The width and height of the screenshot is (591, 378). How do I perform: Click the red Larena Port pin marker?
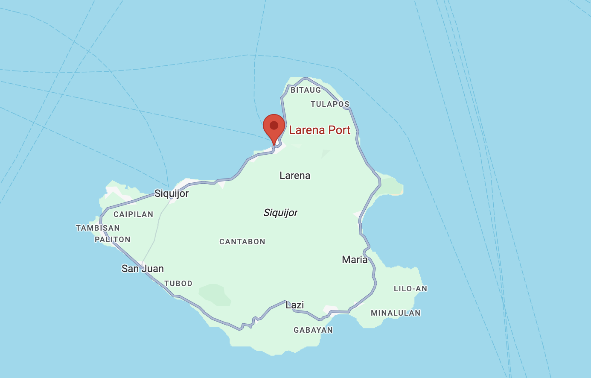[x=274, y=126]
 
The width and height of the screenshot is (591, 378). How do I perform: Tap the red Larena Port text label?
[x=320, y=130]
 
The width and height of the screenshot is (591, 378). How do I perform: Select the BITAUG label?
[x=306, y=90]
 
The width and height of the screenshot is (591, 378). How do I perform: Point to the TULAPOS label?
[x=330, y=104]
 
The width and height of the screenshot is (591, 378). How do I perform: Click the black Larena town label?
[x=295, y=176]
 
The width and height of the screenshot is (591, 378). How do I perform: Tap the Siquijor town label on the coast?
[x=172, y=193]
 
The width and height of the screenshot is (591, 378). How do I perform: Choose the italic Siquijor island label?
[x=280, y=213]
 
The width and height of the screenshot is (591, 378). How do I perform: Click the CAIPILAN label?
[x=133, y=214]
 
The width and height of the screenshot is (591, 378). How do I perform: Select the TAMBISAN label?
[x=98, y=228]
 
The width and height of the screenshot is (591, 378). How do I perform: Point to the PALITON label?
[x=113, y=240]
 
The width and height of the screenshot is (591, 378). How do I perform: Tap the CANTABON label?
[x=242, y=242]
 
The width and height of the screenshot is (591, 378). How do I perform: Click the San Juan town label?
[x=143, y=269]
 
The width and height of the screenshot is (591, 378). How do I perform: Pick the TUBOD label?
[x=178, y=284]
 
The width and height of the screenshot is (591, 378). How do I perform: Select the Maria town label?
[x=355, y=260]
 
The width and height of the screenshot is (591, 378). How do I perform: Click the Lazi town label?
[x=295, y=305]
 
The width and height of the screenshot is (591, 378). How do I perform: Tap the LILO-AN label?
[x=410, y=289]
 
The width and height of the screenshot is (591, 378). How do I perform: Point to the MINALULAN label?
[x=396, y=313]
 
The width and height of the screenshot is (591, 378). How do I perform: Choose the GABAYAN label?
[x=313, y=330]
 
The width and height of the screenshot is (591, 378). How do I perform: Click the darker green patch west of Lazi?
[x=215, y=294]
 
